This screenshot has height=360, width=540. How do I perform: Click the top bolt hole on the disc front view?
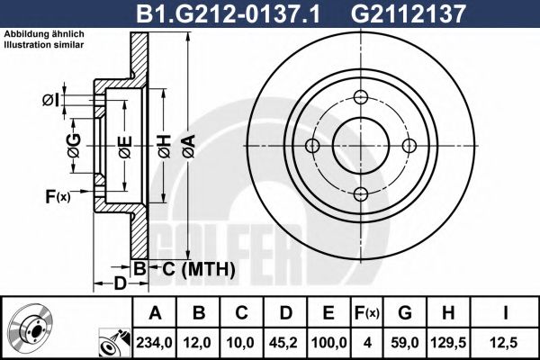tap(361, 98)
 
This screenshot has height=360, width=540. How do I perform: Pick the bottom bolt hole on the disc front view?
tap(361, 193)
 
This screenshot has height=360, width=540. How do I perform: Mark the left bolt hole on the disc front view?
tap(313, 146)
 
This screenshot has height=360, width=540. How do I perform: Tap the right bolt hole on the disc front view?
tap(409, 146)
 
